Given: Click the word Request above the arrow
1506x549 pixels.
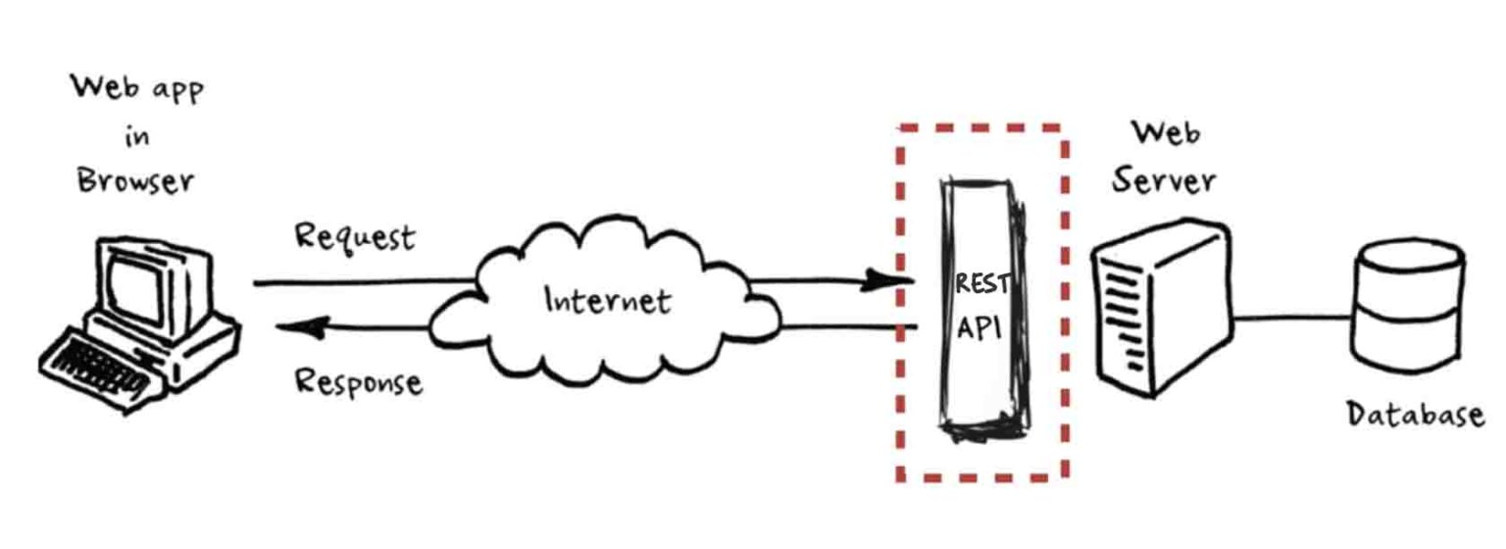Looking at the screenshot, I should click(x=355, y=238).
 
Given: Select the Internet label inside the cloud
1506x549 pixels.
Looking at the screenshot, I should click(x=608, y=299).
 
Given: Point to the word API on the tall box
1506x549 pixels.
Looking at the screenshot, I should click(x=978, y=327).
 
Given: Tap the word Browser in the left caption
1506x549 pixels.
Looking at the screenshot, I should click(x=136, y=182).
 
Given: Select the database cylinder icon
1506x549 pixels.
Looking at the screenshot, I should click(x=1408, y=304).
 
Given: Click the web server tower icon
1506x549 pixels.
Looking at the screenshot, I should click(x=1162, y=304).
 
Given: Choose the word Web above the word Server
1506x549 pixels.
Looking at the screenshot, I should click(x=1166, y=132).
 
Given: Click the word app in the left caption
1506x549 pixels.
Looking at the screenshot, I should click(x=176, y=90).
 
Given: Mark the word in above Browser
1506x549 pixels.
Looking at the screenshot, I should click(x=137, y=136).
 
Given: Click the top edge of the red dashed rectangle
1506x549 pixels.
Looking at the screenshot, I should click(x=980, y=127).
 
